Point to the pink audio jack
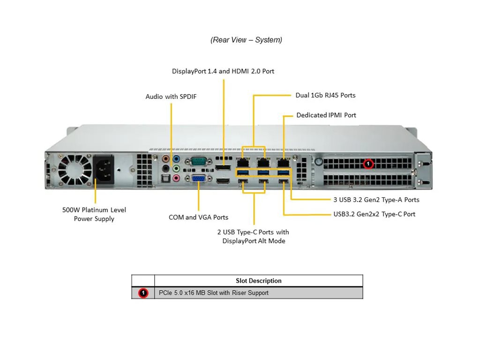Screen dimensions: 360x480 pyautogui.click(x=176, y=178)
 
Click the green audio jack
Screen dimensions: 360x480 pyautogui.click(x=176, y=168)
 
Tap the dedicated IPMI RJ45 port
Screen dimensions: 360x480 pyautogui.click(x=284, y=163)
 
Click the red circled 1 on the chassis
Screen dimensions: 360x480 pyautogui.click(x=368, y=164)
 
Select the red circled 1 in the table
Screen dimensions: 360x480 pyautogui.click(x=143, y=293)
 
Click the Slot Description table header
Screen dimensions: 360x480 pyautogui.click(x=258, y=281)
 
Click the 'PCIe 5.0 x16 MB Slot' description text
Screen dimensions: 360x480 pyautogui.click(x=214, y=293)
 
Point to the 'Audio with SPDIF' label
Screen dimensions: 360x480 pyautogui.click(x=172, y=97)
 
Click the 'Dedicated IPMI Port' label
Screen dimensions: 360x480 pyautogui.click(x=326, y=115)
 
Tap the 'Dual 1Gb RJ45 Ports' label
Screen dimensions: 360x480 pyautogui.click(x=325, y=95)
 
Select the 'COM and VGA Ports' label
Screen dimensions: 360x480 pyautogui.click(x=198, y=217)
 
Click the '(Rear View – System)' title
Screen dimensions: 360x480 pyautogui.click(x=246, y=40)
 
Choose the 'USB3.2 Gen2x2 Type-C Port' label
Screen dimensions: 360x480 pyautogui.click(x=374, y=214)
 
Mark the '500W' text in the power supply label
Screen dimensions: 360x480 pyautogui.click(x=72, y=210)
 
